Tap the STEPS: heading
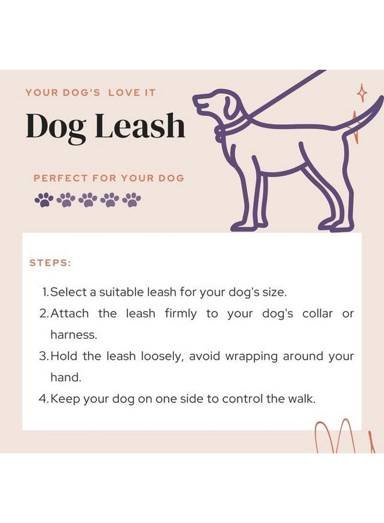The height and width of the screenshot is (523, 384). (x=50, y=263)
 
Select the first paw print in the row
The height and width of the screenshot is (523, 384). (x=44, y=200)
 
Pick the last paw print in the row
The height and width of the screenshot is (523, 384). (x=131, y=200)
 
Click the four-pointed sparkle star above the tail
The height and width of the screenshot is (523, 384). (x=362, y=92)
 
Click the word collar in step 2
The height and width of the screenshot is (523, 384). (x=317, y=314)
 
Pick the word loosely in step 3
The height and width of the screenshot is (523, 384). (x=163, y=356)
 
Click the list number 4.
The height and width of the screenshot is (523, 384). (x=42, y=399)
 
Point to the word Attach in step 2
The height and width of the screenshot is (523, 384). (x=70, y=314)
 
